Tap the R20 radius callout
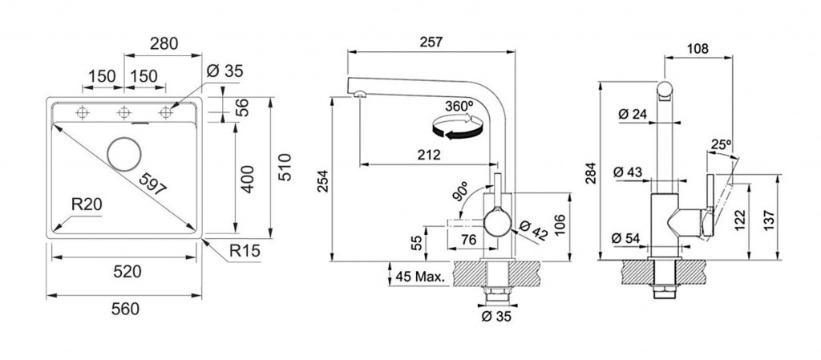[x=86, y=205]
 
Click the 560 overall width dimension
[x=125, y=308]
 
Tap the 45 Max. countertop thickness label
[x=420, y=277]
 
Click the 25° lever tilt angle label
[x=720, y=144]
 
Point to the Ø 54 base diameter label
[x=632, y=238]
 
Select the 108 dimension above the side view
[x=698, y=49]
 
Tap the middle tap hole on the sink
[x=123, y=113]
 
